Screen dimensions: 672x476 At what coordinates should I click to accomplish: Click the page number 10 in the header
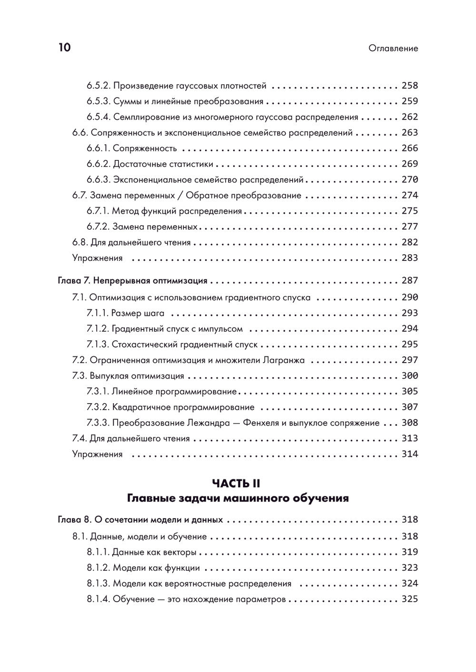pyautogui.click(x=64, y=48)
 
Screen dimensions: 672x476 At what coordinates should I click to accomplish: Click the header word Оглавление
pyautogui.click(x=393, y=49)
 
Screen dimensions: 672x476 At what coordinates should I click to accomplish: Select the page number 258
pyautogui.click(x=409, y=86)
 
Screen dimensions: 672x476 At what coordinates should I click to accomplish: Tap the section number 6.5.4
pyautogui.click(x=99, y=117)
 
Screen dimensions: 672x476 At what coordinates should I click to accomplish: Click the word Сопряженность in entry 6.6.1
pyautogui.click(x=145, y=148)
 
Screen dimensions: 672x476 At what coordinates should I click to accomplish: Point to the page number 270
pyautogui.click(x=409, y=180)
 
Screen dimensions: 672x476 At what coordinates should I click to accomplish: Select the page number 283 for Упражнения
pyautogui.click(x=409, y=258)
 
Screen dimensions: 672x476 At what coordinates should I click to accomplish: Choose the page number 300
pyautogui.click(x=409, y=376)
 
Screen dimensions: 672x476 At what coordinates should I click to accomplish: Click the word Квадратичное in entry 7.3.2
pyautogui.click(x=141, y=407)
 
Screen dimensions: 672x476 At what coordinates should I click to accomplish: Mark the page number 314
pyautogui.click(x=409, y=454)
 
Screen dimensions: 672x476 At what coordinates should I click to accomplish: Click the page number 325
pyautogui.click(x=409, y=599)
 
